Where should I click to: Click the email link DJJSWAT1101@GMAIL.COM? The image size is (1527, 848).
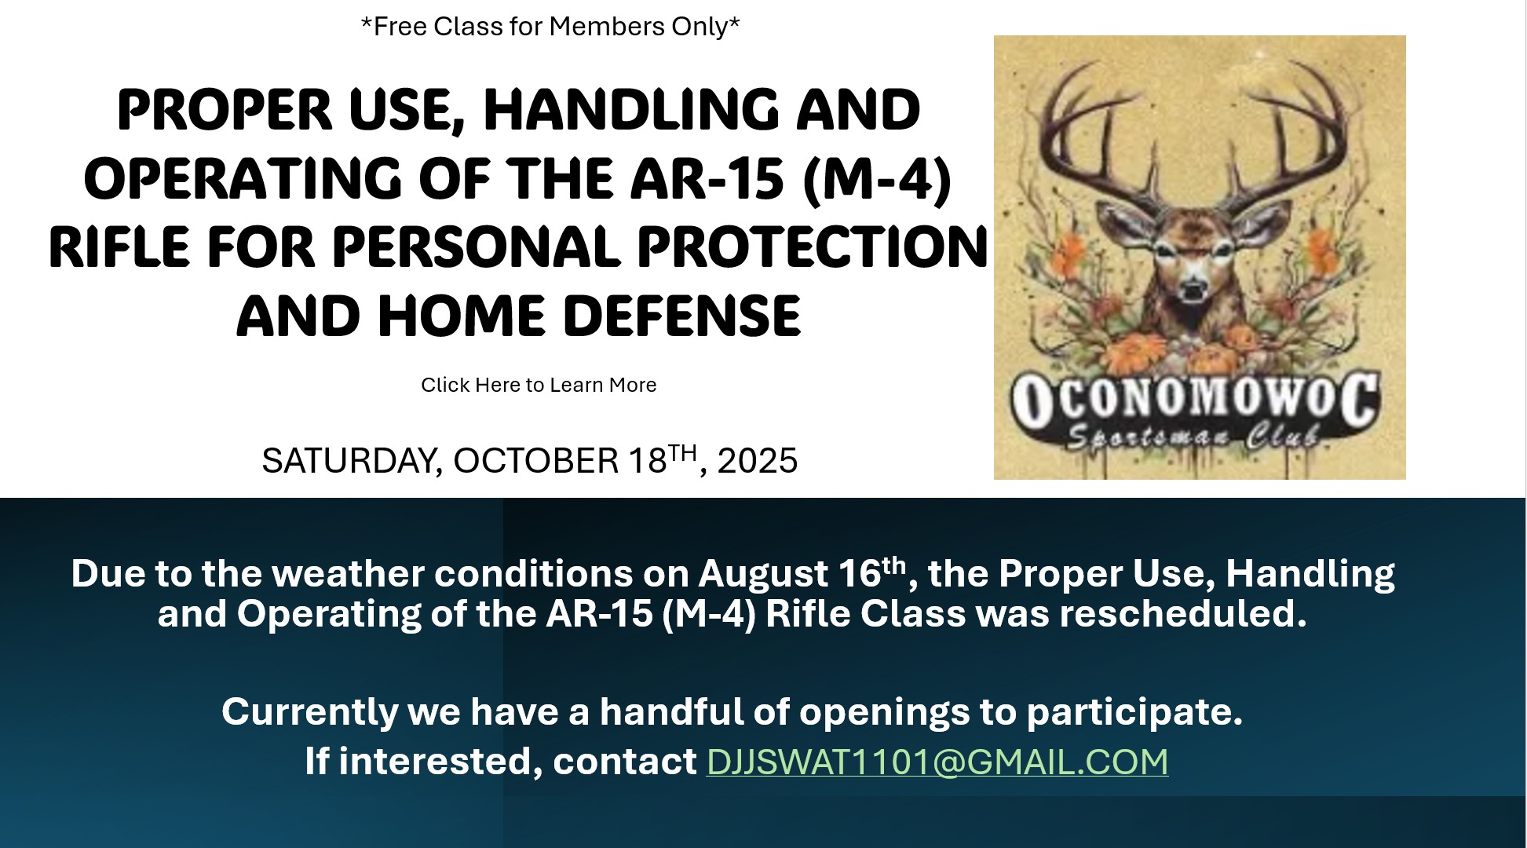[x=937, y=762]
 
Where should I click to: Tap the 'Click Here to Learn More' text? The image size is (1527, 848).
[x=539, y=385]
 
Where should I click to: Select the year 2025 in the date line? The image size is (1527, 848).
[x=757, y=461]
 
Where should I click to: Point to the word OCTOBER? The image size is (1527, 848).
[x=536, y=461]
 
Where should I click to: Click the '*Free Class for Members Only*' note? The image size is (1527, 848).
[x=550, y=27]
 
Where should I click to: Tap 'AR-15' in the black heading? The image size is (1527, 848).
[x=707, y=179]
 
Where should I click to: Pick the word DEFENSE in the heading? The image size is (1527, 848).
[x=681, y=317]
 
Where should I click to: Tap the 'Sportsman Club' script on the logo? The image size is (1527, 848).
[x=1193, y=436]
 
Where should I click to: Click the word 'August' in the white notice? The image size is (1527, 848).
[x=762, y=575]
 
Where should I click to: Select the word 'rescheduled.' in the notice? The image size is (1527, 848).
[x=1183, y=614]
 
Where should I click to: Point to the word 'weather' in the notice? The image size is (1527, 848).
[x=353, y=574]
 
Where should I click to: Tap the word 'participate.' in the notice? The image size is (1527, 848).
[x=1134, y=713]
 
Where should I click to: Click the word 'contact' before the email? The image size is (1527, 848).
[x=625, y=762]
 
